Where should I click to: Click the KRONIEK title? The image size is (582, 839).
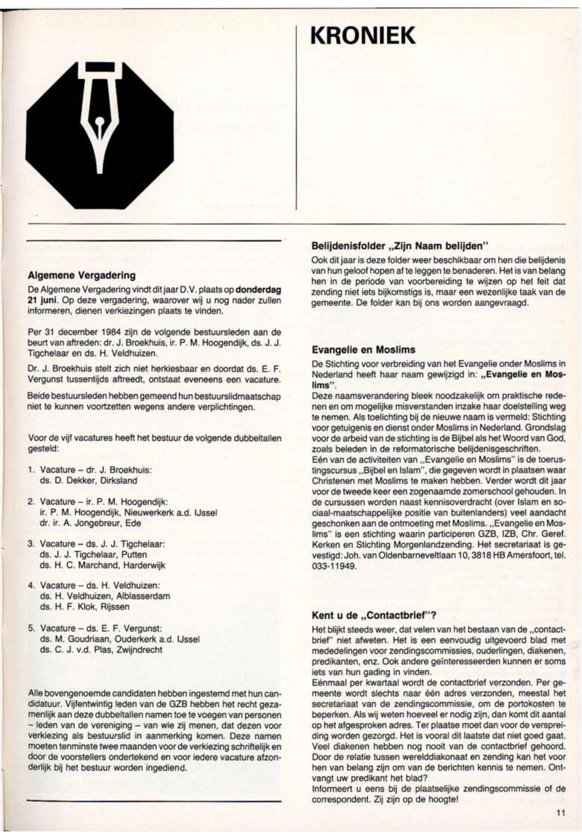pyautogui.click(x=363, y=36)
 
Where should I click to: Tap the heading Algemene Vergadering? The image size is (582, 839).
pyautogui.click(x=82, y=276)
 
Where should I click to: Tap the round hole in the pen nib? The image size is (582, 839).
pyautogui.click(x=100, y=122)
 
